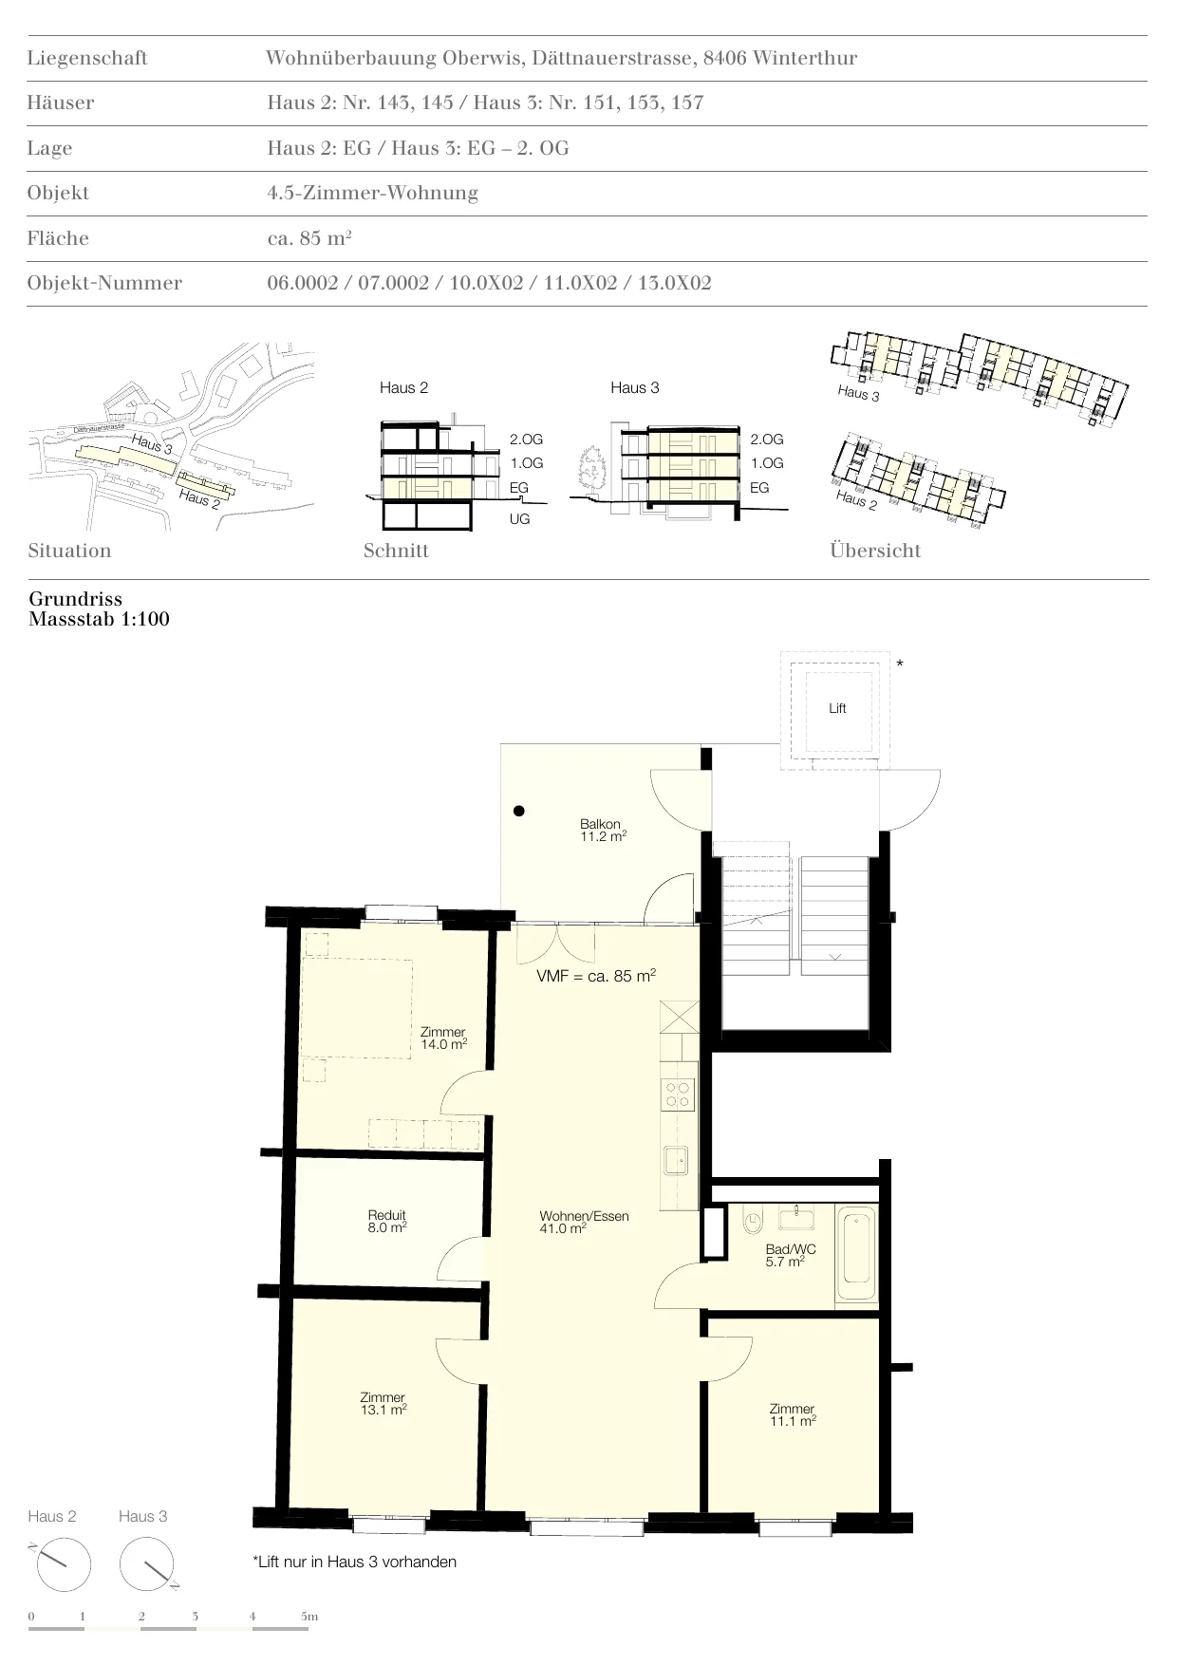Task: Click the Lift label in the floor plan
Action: coord(837,708)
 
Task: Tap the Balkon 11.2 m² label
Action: coord(603,831)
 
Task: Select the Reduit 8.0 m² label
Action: coord(387,1222)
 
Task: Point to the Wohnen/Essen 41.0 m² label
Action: coord(584,1222)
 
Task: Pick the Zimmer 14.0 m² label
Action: coord(443,1038)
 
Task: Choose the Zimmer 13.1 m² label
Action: coord(383,1403)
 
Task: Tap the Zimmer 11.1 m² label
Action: coord(793,1414)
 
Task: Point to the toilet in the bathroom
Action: coord(756,1219)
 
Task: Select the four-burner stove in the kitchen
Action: coord(678,1094)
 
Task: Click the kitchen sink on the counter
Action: coord(678,1160)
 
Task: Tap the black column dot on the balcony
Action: coord(518,811)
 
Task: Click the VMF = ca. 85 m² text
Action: coord(596,976)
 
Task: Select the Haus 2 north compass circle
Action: coord(63,1564)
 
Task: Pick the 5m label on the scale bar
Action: coord(309,1617)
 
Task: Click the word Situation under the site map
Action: coord(69,551)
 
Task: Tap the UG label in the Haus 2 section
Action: coord(519,519)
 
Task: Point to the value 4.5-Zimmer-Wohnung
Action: coord(373,193)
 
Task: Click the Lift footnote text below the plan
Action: coord(355,1562)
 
